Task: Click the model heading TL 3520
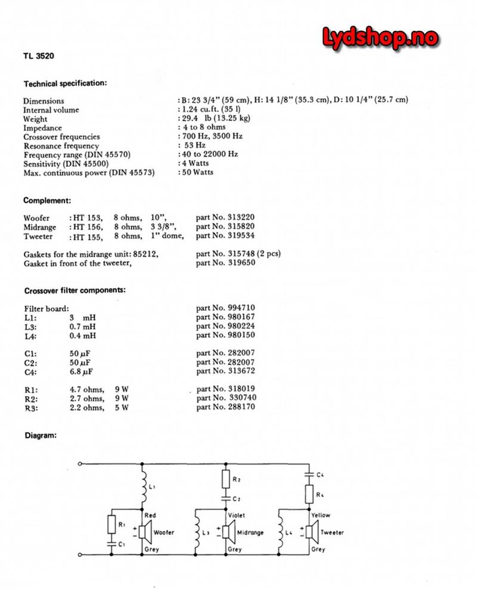(41, 58)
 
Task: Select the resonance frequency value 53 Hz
(194, 146)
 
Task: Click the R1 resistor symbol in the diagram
(111, 525)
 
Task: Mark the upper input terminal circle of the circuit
(80, 463)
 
